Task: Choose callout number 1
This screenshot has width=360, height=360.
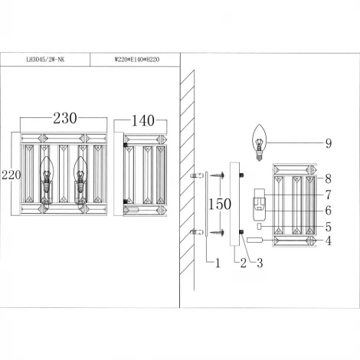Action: point(216,263)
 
